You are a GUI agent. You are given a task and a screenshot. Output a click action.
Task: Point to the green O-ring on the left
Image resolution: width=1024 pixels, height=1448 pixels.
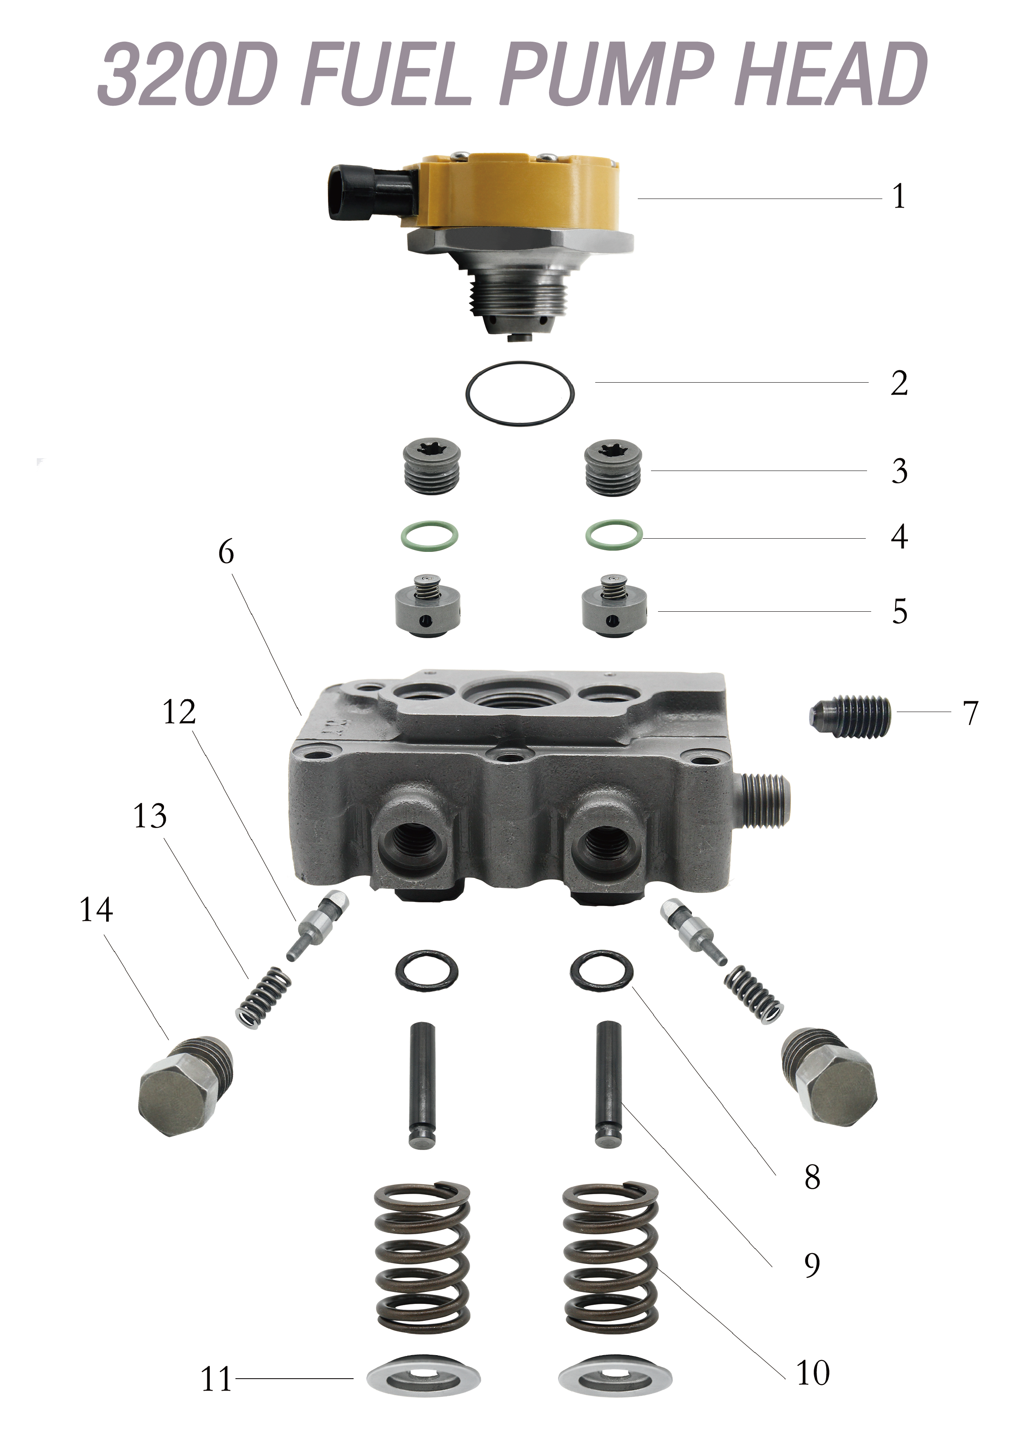pyautogui.click(x=430, y=536)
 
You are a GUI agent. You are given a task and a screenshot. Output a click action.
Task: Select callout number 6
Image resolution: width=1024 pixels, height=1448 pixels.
pyautogui.click(x=226, y=552)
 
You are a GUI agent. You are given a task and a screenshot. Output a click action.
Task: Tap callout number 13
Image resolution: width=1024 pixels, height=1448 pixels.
pyautogui.click(x=150, y=817)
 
